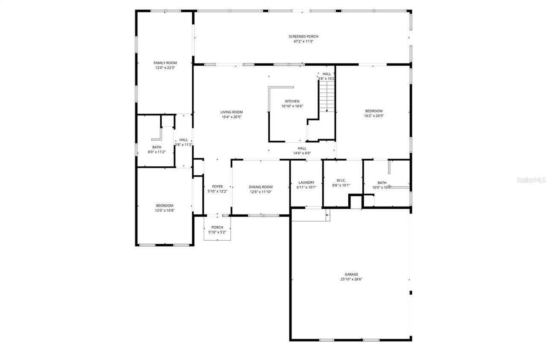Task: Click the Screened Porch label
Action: tap(303, 36)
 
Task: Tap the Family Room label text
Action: tap(165, 63)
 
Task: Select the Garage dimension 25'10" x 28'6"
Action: tap(351, 279)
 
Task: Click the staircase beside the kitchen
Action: tap(327, 96)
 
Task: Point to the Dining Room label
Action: tap(261, 187)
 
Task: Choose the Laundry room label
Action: tap(306, 183)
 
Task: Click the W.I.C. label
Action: tap(341, 180)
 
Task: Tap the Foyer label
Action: tap(217, 186)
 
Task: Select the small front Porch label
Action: tap(217, 227)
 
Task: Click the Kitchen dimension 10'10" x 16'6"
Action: tap(292, 106)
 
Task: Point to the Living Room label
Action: tap(232, 112)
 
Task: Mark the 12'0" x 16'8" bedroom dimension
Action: tap(165, 210)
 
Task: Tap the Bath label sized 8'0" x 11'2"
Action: tap(156, 147)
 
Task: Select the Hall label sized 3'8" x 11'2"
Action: tap(183, 140)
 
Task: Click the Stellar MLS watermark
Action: tap(531, 180)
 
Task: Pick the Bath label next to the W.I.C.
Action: tap(382, 183)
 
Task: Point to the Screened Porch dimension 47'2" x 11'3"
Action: tap(303, 41)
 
